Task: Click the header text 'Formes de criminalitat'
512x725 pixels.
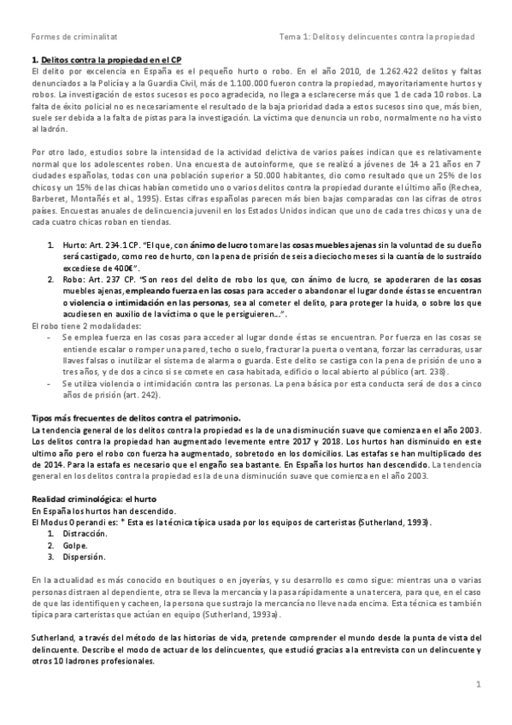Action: [68, 37]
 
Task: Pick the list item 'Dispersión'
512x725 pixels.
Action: [84, 557]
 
